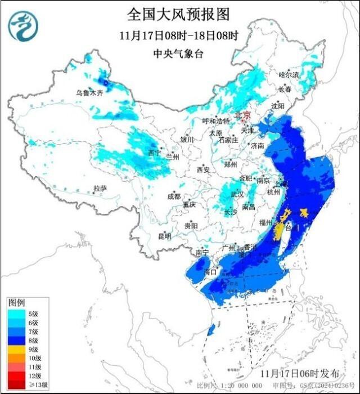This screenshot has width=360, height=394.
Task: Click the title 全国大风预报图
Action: (x=179, y=14)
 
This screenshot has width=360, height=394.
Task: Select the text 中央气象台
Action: (x=179, y=54)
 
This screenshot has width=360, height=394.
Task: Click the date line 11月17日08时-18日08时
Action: (x=179, y=35)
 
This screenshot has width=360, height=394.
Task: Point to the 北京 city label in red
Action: (x=242, y=114)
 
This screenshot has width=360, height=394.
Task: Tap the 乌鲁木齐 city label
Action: (x=90, y=93)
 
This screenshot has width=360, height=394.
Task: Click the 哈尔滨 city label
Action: (x=289, y=75)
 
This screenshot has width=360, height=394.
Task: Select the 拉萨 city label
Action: (x=100, y=189)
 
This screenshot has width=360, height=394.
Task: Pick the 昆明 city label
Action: (x=164, y=236)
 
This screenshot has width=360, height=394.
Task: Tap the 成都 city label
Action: (x=174, y=196)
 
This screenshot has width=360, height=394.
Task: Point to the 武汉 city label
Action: (x=236, y=194)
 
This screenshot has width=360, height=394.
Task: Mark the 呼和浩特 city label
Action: (x=216, y=122)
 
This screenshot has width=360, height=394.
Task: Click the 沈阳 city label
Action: (x=278, y=106)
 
